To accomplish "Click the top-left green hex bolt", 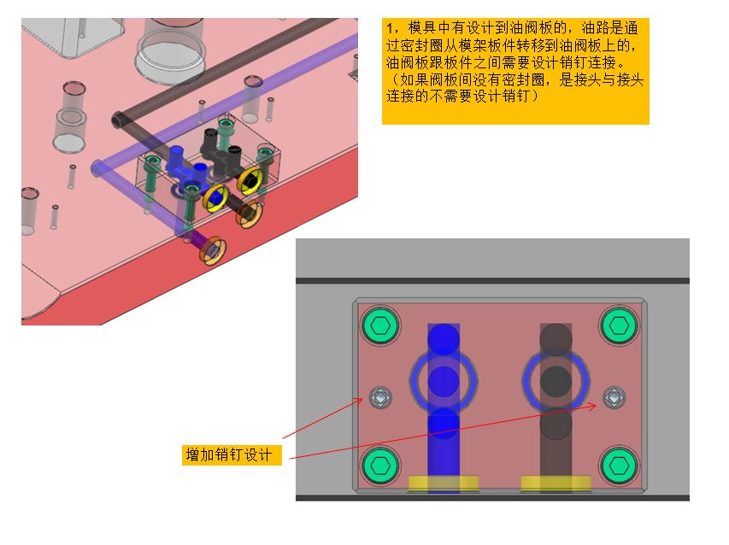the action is point(381,325).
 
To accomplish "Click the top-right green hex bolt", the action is point(619,325).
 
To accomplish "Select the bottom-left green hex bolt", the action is point(381,465).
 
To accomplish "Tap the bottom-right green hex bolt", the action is point(619,465).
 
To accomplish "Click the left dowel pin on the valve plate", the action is point(380,398).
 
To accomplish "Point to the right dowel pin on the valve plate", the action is point(614,398).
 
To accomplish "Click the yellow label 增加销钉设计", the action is point(232,454).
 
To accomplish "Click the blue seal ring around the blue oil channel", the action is point(411,382).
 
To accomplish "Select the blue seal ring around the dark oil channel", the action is point(526,382).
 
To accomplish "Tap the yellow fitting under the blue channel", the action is point(444,483).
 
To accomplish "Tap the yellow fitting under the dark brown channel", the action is point(556,483).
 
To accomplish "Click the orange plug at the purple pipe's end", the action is point(213,251).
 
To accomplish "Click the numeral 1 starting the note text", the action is point(390,28).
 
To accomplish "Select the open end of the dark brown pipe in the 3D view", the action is point(118,120).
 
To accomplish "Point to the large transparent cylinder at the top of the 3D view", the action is point(170,50).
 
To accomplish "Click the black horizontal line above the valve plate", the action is point(492,281).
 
